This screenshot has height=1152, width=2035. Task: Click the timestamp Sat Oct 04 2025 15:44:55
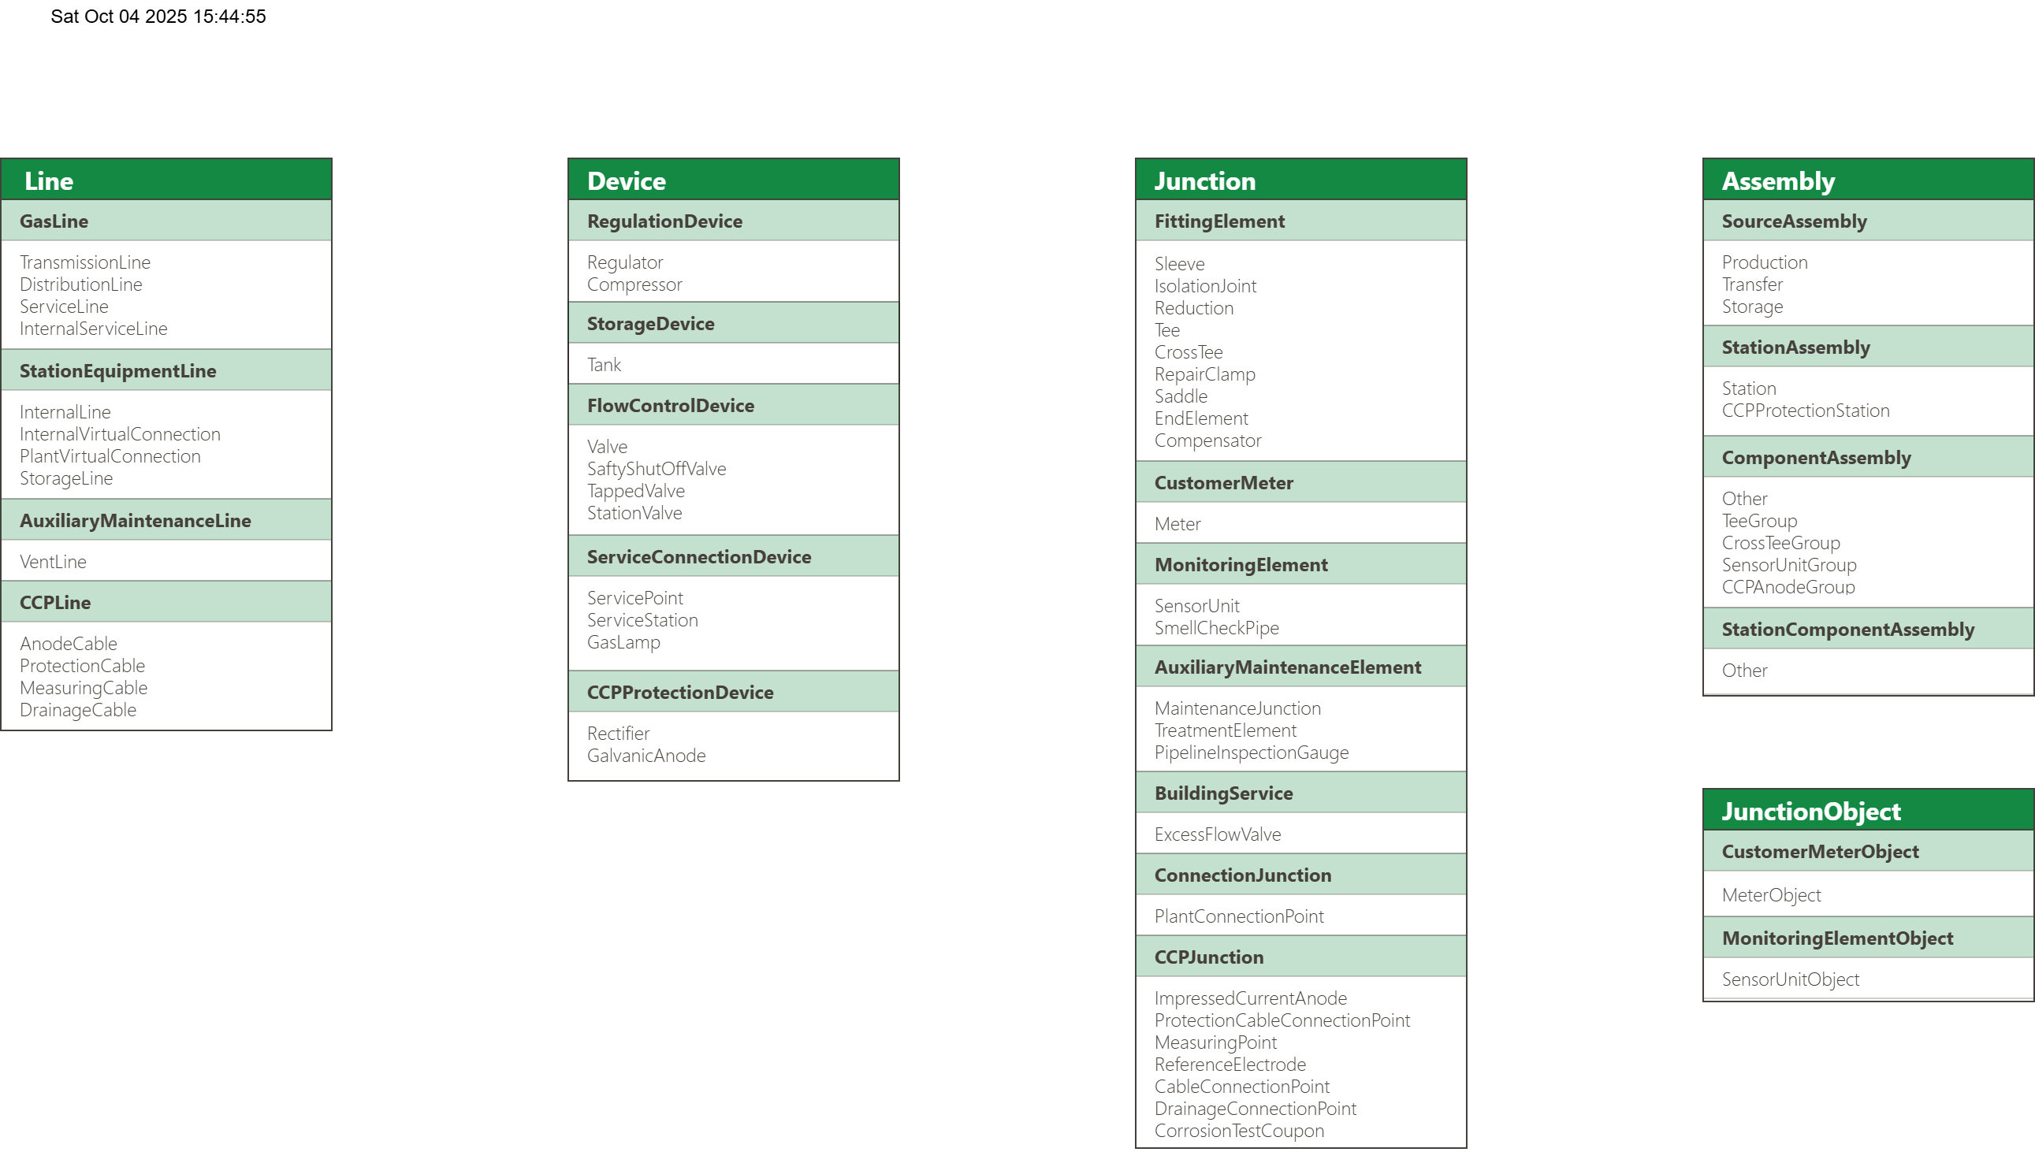[158, 17]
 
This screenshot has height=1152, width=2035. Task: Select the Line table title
[49, 181]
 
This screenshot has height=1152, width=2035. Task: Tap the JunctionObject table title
[1810, 811]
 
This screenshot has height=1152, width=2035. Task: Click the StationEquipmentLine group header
[118, 371]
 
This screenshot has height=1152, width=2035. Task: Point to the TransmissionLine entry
[84, 262]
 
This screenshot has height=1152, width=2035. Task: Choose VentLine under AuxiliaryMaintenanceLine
[53, 562]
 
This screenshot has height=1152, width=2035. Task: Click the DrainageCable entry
[77, 710]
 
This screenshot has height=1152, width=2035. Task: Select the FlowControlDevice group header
[670, 406]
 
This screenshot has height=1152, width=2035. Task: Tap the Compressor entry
[634, 284]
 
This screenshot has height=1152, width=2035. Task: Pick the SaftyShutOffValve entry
[656, 469]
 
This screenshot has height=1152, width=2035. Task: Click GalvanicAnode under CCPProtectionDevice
[645, 756]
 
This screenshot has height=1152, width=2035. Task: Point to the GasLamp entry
[623, 642]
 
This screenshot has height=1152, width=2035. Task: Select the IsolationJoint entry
[1204, 286]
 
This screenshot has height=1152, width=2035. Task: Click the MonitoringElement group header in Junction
[1241, 565]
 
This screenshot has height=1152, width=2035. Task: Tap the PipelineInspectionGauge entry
[1251, 753]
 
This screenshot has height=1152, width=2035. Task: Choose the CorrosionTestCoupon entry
[1238, 1131]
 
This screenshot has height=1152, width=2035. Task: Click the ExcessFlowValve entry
[1217, 834]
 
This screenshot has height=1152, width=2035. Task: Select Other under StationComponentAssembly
[1744, 671]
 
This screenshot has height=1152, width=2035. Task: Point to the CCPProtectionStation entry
[1805, 411]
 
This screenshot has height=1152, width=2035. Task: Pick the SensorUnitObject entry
[1790, 979]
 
